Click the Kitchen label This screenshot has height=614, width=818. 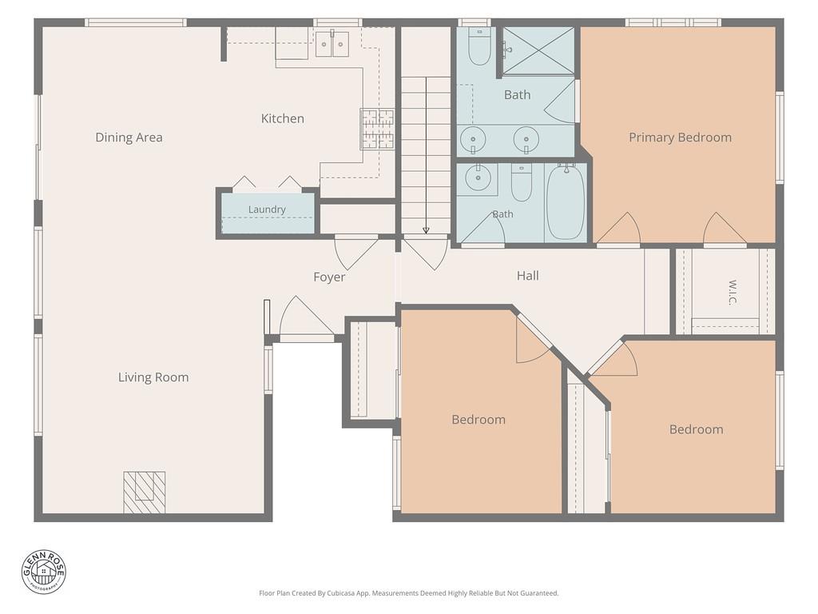click(282, 118)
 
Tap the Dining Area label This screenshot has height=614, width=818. click(129, 138)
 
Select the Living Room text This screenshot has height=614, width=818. click(153, 377)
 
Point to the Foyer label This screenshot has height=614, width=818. click(329, 277)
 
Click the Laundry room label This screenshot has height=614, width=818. click(267, 209)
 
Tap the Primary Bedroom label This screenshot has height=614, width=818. click(680, 138)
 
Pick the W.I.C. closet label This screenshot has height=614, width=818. click(733, 293)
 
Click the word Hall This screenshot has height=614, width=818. click(527, 276)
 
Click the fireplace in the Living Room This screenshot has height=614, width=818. click(145, 492)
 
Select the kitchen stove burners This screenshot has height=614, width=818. click(377, 129)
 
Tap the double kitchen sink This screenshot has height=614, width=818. click(332, 44)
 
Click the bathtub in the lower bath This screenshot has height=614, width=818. click(566, 202)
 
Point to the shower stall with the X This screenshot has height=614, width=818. click(538, 51)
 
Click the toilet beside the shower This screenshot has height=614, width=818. click(479, 46)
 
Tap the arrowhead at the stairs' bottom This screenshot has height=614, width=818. click(426, 230)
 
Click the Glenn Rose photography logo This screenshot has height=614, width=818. click(44, 572)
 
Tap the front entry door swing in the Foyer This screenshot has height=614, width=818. click(306, 317)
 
